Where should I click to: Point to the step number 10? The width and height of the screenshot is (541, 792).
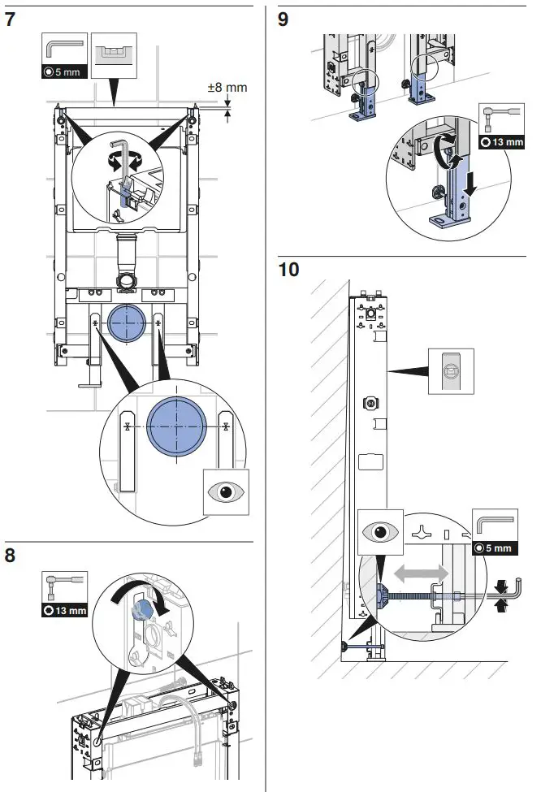coord(288,269)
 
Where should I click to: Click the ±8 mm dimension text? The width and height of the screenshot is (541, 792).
coord(227,87)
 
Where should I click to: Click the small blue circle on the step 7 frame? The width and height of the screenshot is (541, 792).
coord(127,320)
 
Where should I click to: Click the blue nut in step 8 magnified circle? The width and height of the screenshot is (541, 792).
coord(145,606)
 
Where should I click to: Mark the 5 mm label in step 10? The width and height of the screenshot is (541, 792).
coord(496,548)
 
